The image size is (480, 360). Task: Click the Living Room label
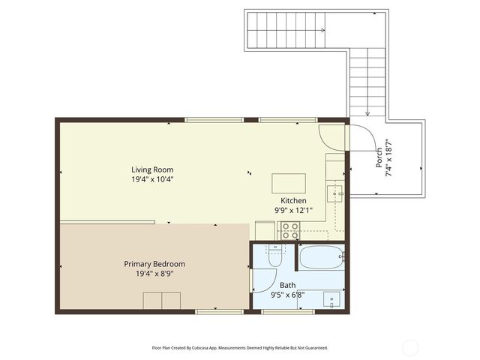click(x=152, y=169)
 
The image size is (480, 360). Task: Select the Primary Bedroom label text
click(x=154, y=264)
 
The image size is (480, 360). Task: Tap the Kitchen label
click(x=293, y=200)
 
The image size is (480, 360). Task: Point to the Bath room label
click(x=287, y=285)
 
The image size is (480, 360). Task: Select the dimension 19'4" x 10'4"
click(x=152, y=180)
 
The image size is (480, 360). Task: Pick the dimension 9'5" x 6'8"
click(x=287, y=295)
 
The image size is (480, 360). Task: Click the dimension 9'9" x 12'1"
click(x=293, y=211)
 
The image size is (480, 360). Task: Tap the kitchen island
click(x=289, y=183)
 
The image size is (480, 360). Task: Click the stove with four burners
click(x=289, y=231)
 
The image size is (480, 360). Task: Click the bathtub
click(x=321, y=259)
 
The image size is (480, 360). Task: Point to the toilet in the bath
click(x=274, y=259)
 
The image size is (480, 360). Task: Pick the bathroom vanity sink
click(x=332, y=300)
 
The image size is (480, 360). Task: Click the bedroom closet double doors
click(x=162, y=300)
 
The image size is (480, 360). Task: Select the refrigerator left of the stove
click(x=265, y=230)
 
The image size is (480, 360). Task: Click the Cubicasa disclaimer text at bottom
click(x=239, y=348)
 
